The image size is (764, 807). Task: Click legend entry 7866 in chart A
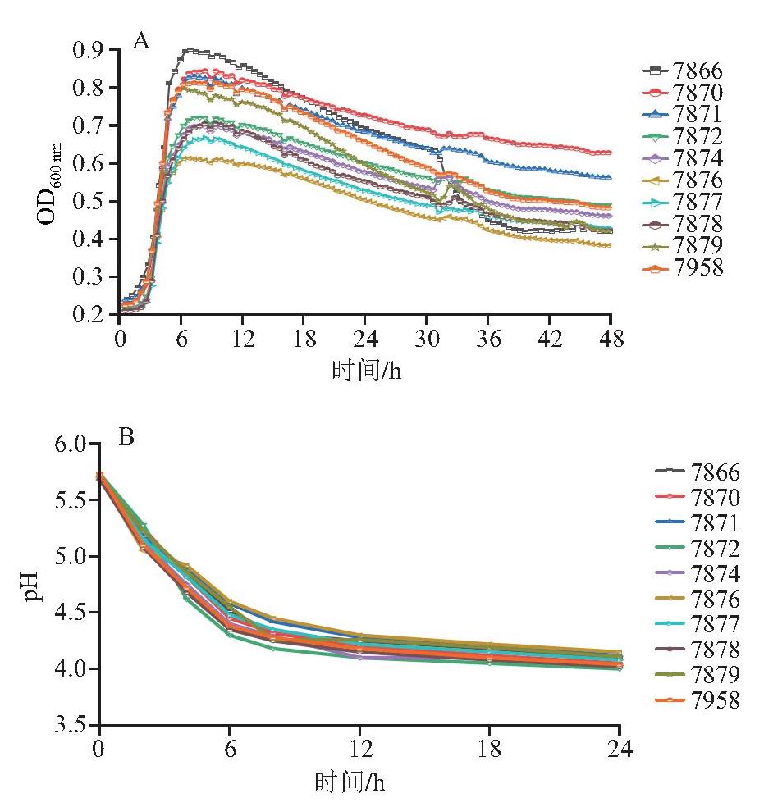coord(682,71)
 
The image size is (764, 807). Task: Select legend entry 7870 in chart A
coord(682,93)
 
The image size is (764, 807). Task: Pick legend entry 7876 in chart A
coord(682,180)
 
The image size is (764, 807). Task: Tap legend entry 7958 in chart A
coord(682,267)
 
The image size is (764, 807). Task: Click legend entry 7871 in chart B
coord(698,522)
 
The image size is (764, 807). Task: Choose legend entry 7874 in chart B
coord(698,572)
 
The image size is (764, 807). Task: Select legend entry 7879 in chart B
coord(698,674)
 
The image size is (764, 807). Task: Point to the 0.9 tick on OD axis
coord(89,50)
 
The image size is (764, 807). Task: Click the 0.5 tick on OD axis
coord(89,201)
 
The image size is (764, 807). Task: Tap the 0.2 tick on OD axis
coord(89,314)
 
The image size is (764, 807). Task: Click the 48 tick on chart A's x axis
coord(611,339)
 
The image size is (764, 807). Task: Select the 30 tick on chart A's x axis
coord(428,339)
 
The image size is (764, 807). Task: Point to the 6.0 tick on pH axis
coord(71,444)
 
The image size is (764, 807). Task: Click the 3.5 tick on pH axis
coord(71,725)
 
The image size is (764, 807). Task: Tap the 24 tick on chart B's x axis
coord(620,749)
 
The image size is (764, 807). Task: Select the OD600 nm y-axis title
coord(49,183)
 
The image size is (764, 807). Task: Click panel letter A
coord(141,41)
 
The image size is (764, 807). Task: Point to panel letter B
coord(126,437)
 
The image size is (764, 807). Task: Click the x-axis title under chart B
coord(350,782)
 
